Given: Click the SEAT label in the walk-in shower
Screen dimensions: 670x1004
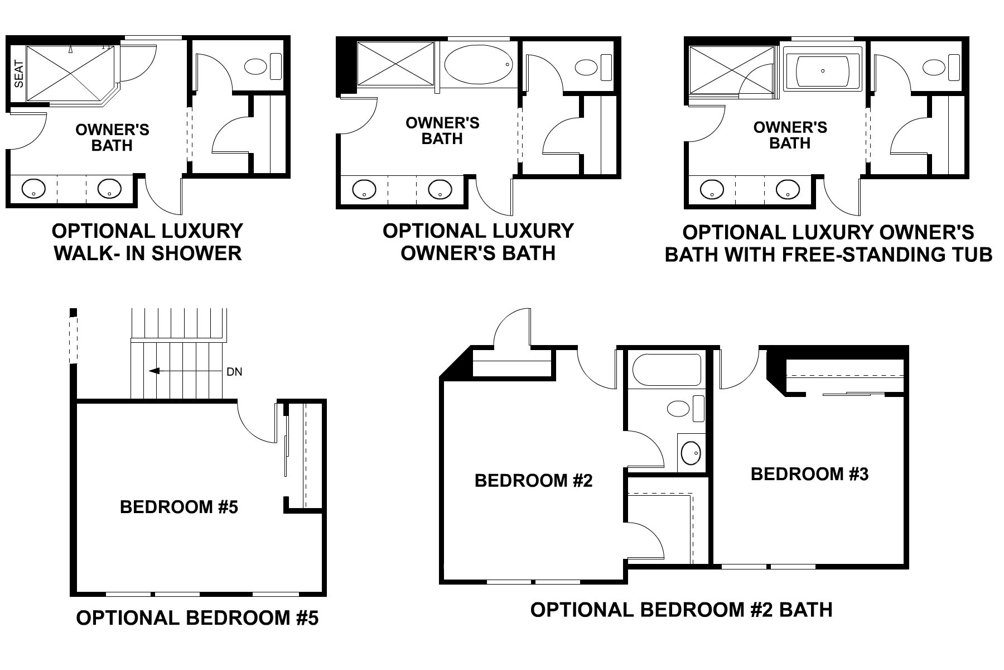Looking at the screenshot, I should coord(18,74).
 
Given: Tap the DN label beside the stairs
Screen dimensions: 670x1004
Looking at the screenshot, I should coord(235,372).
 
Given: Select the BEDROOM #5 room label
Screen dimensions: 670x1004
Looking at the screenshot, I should coord(179,507).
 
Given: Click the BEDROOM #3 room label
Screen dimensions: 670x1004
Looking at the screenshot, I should coord(809,474).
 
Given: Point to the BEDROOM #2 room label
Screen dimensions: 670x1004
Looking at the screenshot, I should coord(533,481).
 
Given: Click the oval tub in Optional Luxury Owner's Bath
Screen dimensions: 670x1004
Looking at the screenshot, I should coord(478,64).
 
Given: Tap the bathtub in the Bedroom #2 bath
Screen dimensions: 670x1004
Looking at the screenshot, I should coord(666,370).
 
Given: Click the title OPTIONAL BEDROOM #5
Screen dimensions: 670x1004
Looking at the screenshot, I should coord(197,618).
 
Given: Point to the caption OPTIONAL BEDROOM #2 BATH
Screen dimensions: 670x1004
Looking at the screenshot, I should coord(681,609).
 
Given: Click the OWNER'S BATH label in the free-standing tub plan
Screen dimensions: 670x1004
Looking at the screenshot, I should coord(790,135).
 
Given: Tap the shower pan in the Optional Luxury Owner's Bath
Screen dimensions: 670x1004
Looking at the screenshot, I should coord(395,64).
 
